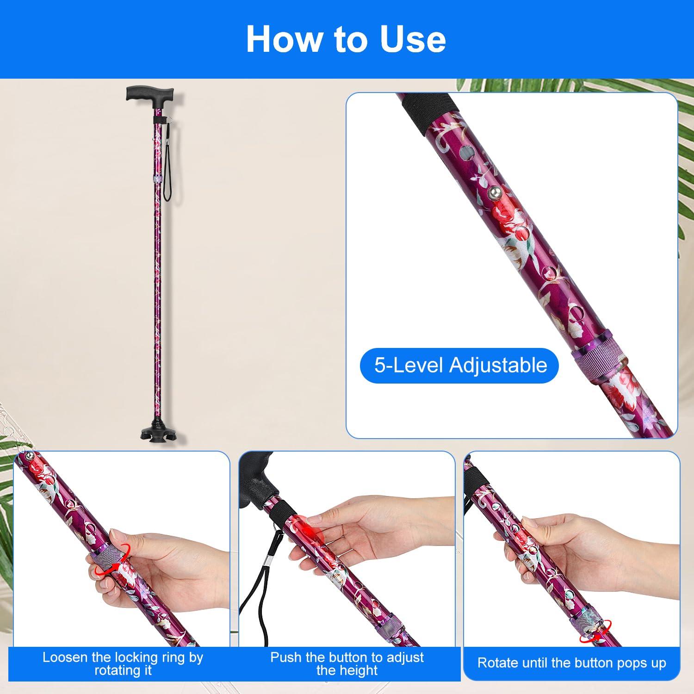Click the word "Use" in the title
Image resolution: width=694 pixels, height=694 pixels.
(413, 40)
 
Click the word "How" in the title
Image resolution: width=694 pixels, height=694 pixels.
(284, 40)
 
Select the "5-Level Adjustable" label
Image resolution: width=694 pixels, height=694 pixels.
(459, 366)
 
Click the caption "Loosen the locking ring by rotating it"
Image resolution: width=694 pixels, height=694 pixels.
(123, 663)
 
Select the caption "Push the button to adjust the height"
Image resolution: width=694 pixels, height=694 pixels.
(347, 663)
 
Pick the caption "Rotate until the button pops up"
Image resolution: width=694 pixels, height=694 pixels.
(572, 663)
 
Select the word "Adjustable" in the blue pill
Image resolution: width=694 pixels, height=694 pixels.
(498, 366)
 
